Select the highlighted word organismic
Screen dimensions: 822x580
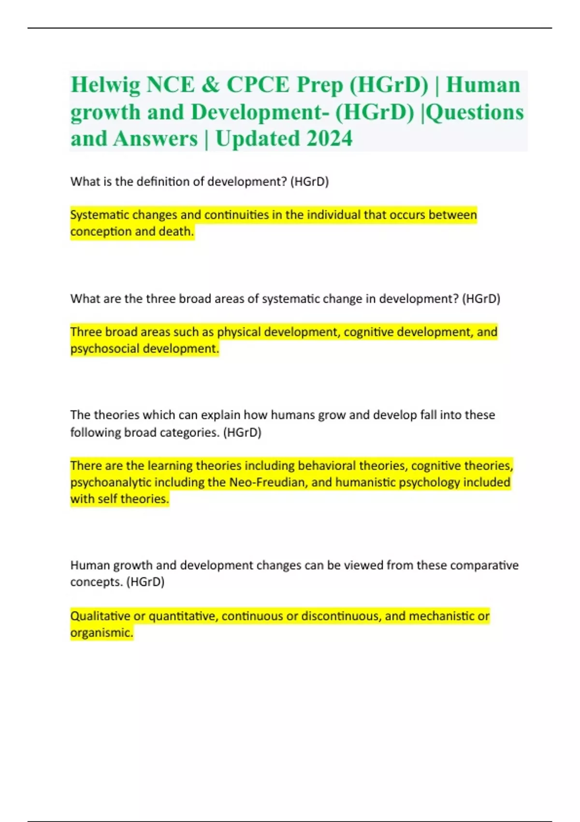point(101,633)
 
